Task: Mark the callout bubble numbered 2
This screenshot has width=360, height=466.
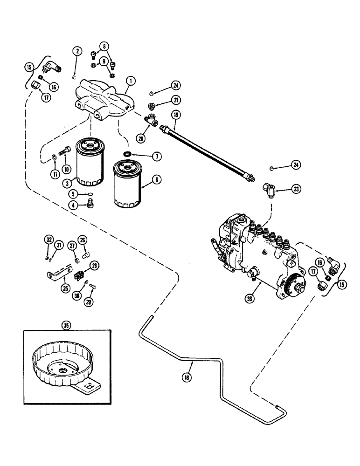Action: tap(76, 51)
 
